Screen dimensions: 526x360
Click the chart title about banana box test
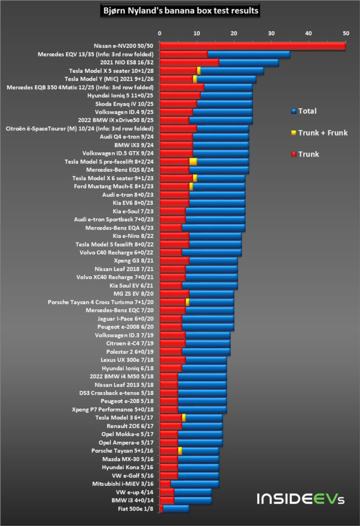tap(179, 10)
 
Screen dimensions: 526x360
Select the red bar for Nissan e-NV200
tap(252, 46)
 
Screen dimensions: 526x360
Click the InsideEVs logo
tap(300, 499)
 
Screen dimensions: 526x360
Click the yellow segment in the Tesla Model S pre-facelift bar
tap(193, 162)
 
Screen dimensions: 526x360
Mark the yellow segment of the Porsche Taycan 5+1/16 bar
tap(180, 450)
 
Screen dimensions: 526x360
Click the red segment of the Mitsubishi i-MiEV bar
tap(165, 483)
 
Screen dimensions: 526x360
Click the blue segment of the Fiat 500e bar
tap(176, 509)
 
